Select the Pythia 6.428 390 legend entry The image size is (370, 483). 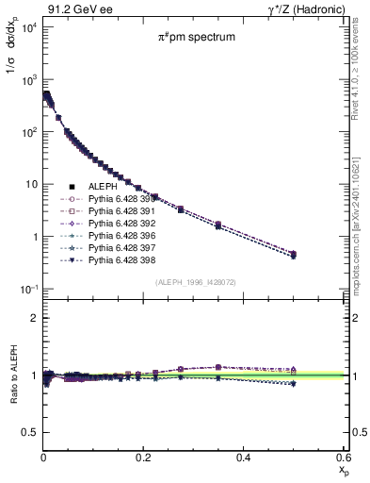(x=117, y=201)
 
